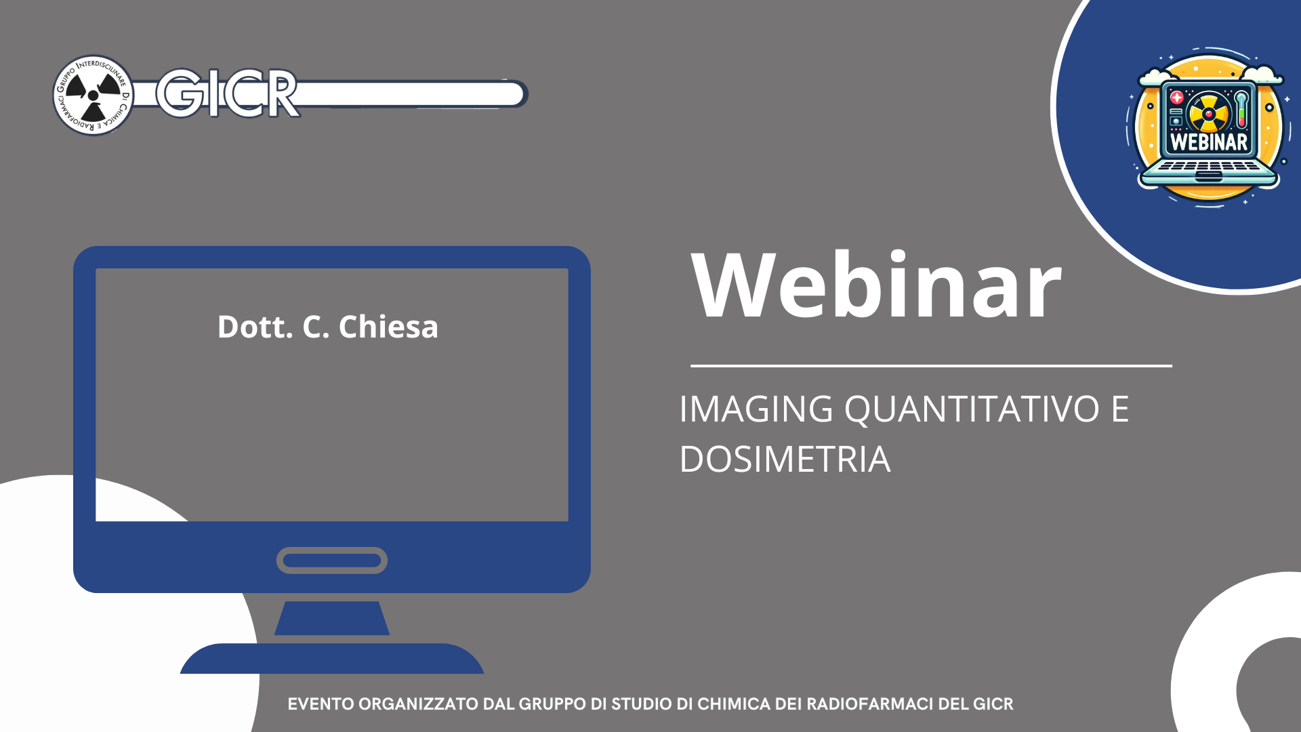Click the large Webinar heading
coord(876,285)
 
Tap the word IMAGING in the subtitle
coord(756,409)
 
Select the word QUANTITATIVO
coord(972,409)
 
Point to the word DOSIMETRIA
coord(785,459)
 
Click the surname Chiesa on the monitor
coord(388,327)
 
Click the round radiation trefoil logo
coord(94,95)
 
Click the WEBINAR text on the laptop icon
coord(1209,142)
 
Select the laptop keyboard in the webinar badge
coord(1208,167)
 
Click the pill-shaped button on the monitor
coord(332,561)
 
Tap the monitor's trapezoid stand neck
coord(332,618)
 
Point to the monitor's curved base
coord(332,658)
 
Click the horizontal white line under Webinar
coord(931,366)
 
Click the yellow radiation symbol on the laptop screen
coord(1208,113)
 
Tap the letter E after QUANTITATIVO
coord(1120,409)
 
